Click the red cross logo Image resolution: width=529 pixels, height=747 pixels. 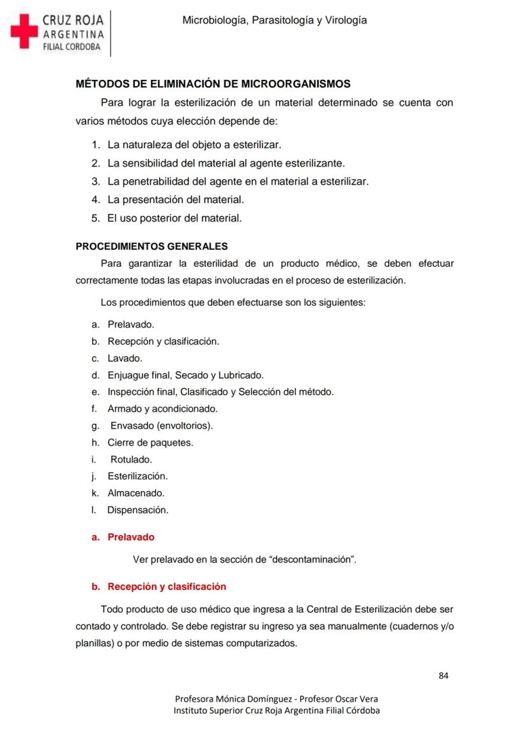pyautogui.click(x=24, y=31)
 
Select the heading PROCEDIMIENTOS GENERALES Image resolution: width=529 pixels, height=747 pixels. pyautogui.click(x=151, y=246)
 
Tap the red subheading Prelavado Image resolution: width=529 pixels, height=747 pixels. pyautogui.click(x=130, y=537)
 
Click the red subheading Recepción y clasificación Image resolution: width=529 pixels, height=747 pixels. pyautogui.click(x=166, y=586)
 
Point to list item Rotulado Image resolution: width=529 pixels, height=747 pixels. pyautogui.click(x=131, y=459)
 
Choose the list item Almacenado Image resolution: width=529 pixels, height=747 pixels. pyautogui.click(x=135, y=493)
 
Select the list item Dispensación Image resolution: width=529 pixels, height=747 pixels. pyautogui.click(x=137, y=509)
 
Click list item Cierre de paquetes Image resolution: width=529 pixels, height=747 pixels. pyautogui.click(x=150, y=442)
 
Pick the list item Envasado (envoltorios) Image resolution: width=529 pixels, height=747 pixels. pyautogui.click(x=162, y=425)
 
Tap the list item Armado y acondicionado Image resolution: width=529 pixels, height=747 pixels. pyautogui.click(x=162, y=408)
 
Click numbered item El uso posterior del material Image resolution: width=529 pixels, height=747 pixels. pyautogui.click(x=174, y=218)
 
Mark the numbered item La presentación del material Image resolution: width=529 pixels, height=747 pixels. pyautogui.click(x=176, y=199)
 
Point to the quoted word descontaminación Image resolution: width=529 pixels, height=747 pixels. pyautogui.click(x=313, y=559)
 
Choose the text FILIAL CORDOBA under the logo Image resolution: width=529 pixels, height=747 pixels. pyautogui.click(x=72, y=47)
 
